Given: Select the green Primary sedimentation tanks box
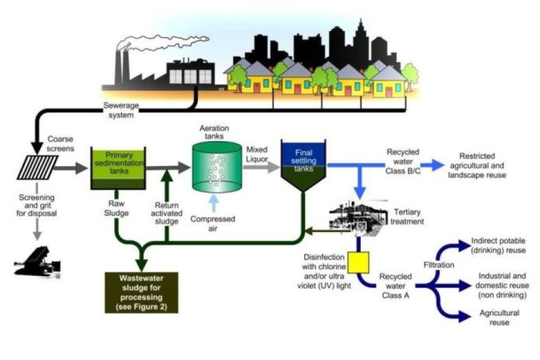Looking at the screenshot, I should point(117,168).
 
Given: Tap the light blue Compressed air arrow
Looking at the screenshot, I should point(216,203).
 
